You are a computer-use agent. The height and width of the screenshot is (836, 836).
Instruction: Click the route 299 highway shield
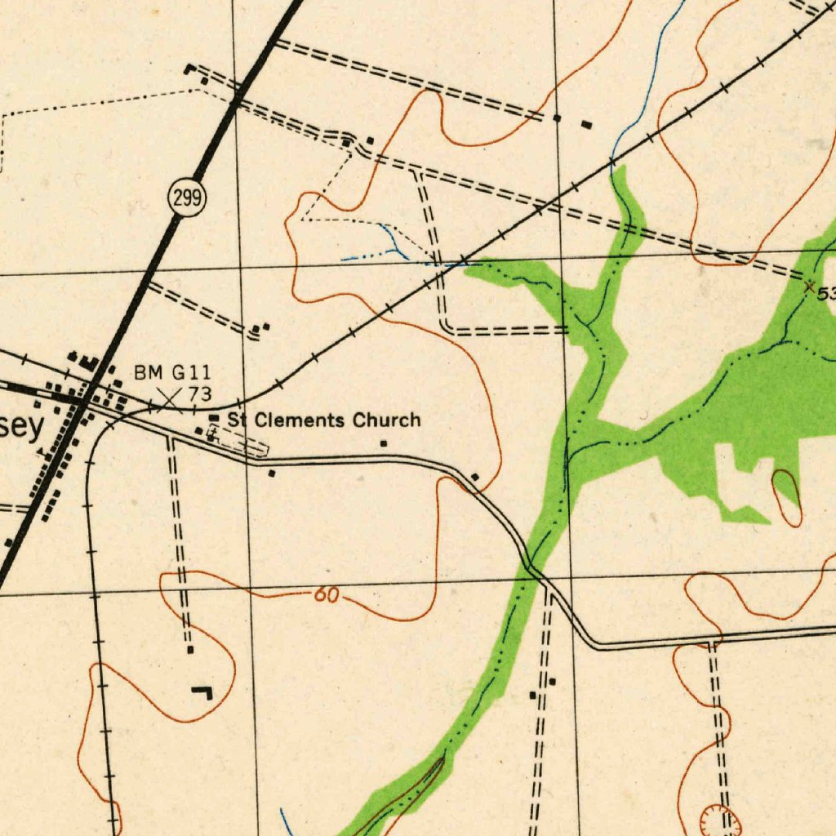(188, 198)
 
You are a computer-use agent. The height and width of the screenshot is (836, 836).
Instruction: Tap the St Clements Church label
(324, 420)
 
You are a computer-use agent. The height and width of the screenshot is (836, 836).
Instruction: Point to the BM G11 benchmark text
(172, 373)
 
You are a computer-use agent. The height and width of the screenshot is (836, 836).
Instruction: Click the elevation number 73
(200, 394)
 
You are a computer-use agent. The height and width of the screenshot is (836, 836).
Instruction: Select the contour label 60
(326, 595)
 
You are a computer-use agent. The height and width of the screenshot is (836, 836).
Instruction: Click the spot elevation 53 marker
(810, 286)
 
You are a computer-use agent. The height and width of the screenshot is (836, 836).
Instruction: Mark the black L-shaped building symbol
(202, 693)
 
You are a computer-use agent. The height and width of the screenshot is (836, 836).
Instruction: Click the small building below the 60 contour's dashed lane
(190, 650)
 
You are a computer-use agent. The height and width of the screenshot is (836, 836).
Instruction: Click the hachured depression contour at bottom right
(721, 820)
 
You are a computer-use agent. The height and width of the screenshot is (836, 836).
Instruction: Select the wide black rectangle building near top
(586, 124)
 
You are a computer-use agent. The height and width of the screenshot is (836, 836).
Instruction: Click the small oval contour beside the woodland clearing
(787, 497)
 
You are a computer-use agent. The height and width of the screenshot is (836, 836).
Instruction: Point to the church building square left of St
(214, 418)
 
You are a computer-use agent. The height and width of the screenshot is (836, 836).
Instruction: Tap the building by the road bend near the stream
(475, 476)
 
